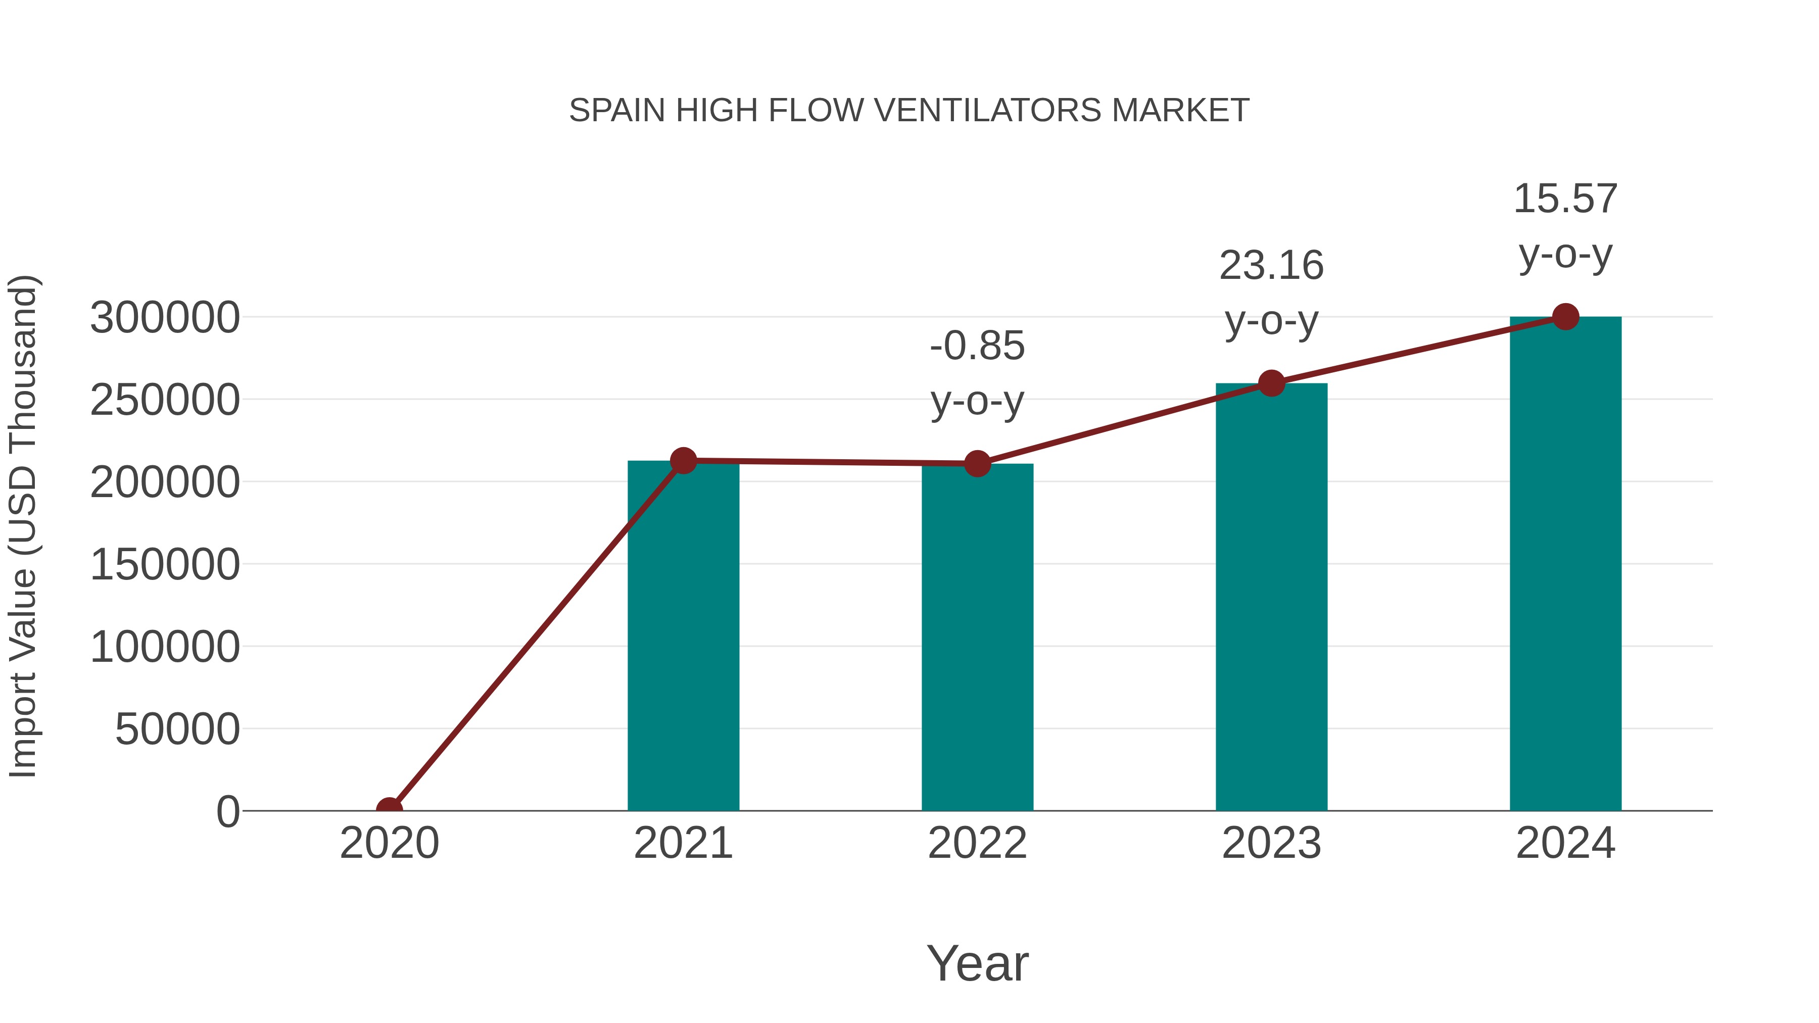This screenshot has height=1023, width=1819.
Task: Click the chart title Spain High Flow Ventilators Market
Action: (909, 111)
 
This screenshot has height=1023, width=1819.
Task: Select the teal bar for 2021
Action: (683, 636)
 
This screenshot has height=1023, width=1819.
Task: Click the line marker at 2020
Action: (389, 809)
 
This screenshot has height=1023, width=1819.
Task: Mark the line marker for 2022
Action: (977, 464)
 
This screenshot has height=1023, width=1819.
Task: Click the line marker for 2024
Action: (1565, 317)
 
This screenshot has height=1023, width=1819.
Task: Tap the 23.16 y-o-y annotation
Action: (1271, 294)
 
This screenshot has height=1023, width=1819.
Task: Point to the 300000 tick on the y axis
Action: (165, 318)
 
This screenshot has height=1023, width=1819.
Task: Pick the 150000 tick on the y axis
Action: (165, 565)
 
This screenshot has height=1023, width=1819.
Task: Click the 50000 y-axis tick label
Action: (177, 729)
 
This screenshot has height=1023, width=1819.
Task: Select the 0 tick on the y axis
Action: (227, 812)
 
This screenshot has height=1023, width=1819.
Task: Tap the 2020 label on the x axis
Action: (389, 843)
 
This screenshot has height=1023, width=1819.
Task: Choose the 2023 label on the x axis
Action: (1271, 843)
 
